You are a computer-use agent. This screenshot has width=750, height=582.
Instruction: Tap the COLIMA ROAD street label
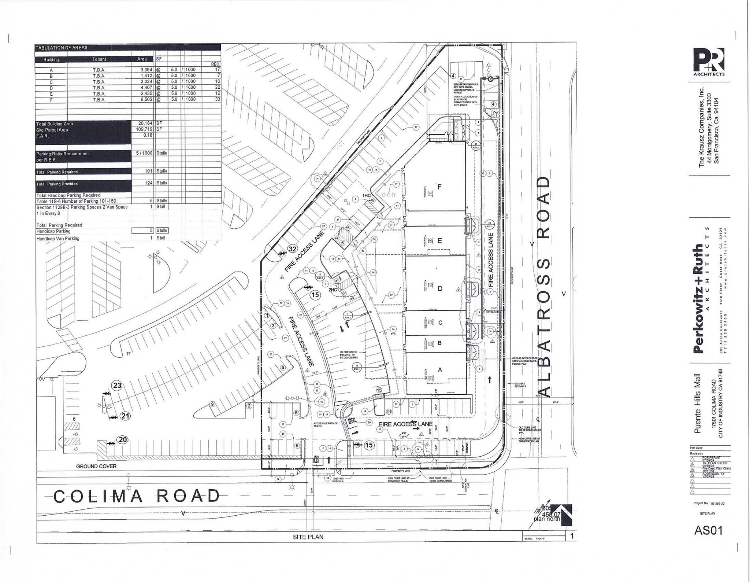[x=137, y=496]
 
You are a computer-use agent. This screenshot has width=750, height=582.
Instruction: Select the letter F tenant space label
[x=439, y=187]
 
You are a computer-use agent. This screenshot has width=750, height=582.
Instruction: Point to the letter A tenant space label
[x=440, y=370]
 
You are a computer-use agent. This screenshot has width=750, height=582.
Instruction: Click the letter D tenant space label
[x=440, y=288]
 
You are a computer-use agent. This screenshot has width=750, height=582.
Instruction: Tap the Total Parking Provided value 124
[x=148, y=183]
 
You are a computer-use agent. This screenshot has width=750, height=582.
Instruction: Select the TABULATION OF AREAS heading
[x=62, y=48]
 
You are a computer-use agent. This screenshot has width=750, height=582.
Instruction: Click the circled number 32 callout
[x=292, y=249]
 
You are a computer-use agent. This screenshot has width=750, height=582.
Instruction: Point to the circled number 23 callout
[x=117, y=385]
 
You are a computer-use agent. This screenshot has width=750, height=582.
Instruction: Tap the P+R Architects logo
[x=709, y=62]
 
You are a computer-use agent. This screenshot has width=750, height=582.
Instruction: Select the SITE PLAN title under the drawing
[x=308, y=537]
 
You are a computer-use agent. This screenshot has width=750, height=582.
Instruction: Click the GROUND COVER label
[x=96, y=466]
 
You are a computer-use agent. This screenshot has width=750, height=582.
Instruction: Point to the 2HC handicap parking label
[x=333, y=290]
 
